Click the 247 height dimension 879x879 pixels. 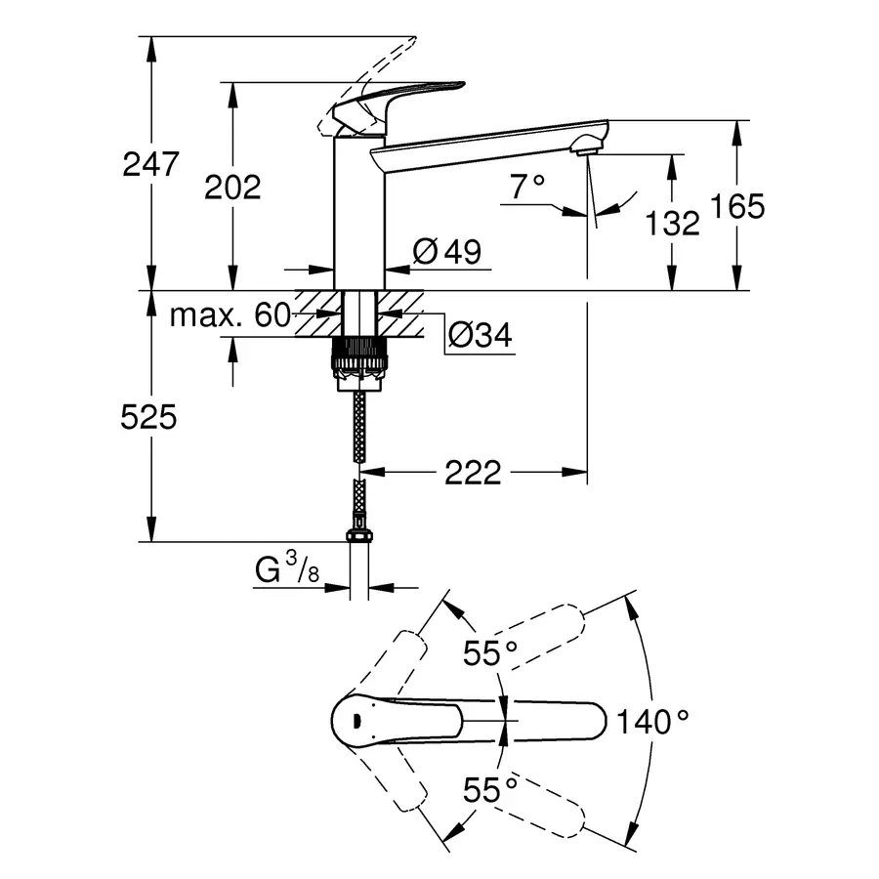pyautogui.click(x=150, y=163)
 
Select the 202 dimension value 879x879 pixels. pyautogui.click(x=232, y=187)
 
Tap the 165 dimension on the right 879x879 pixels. pyautogui.click(x=738, y=206)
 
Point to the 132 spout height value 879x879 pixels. pyautogui.click(x=673, y=223)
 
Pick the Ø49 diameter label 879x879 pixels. pyautogui.click(x=447, y=252)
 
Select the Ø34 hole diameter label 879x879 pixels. pyautogui.click(x=480, y=335)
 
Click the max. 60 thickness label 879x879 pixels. pyautogui.click(x=230, y=314)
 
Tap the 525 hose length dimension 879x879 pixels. pyautogui.click(x=148, y=418)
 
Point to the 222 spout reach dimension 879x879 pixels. pyautogui.click(x=473, y=473)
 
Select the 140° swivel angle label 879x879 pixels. pyautogui.click(x=651, y=722)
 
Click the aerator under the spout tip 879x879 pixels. pyautogui.click(x=586, y=146)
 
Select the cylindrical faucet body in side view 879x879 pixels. pyautogui.click(x=359, y=210)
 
